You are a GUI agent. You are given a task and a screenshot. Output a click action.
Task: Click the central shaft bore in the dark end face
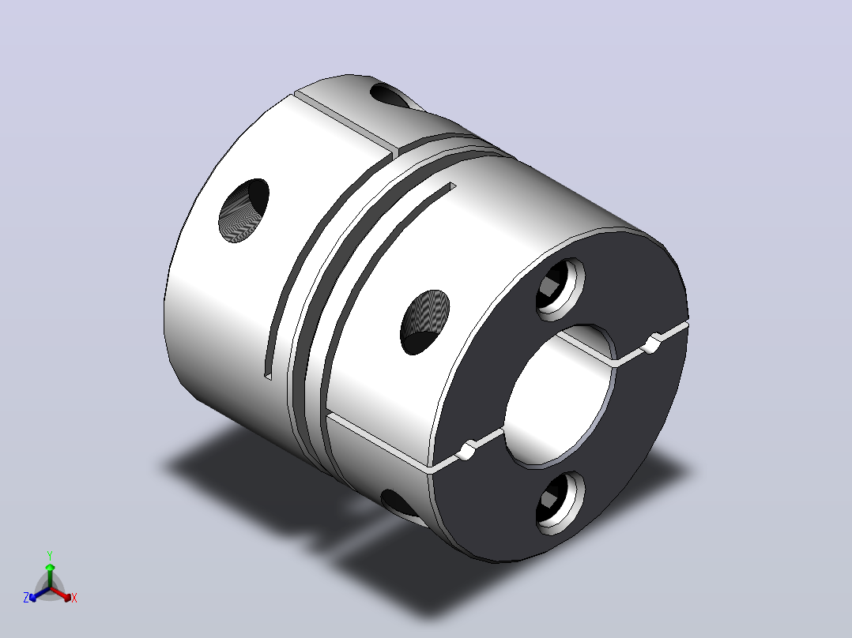pyautogui.click(x=560, y=396)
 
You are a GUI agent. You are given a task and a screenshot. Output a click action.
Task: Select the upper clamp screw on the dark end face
pyautogui.click(x=560, y=289)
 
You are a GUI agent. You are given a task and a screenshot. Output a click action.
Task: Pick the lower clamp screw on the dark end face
pyautogui.click(x=560, y=502)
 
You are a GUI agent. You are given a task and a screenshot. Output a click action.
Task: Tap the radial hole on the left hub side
pyautogui.click(x=244, y=210)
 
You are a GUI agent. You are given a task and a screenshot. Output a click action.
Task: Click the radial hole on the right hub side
pyautogui.click(x=425, y=322)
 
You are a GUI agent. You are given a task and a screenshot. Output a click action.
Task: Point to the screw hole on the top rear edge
pyautogui.click(x=390, y=96)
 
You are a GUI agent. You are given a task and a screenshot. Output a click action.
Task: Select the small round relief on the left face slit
pyautogui.click(x=467, y=450)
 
